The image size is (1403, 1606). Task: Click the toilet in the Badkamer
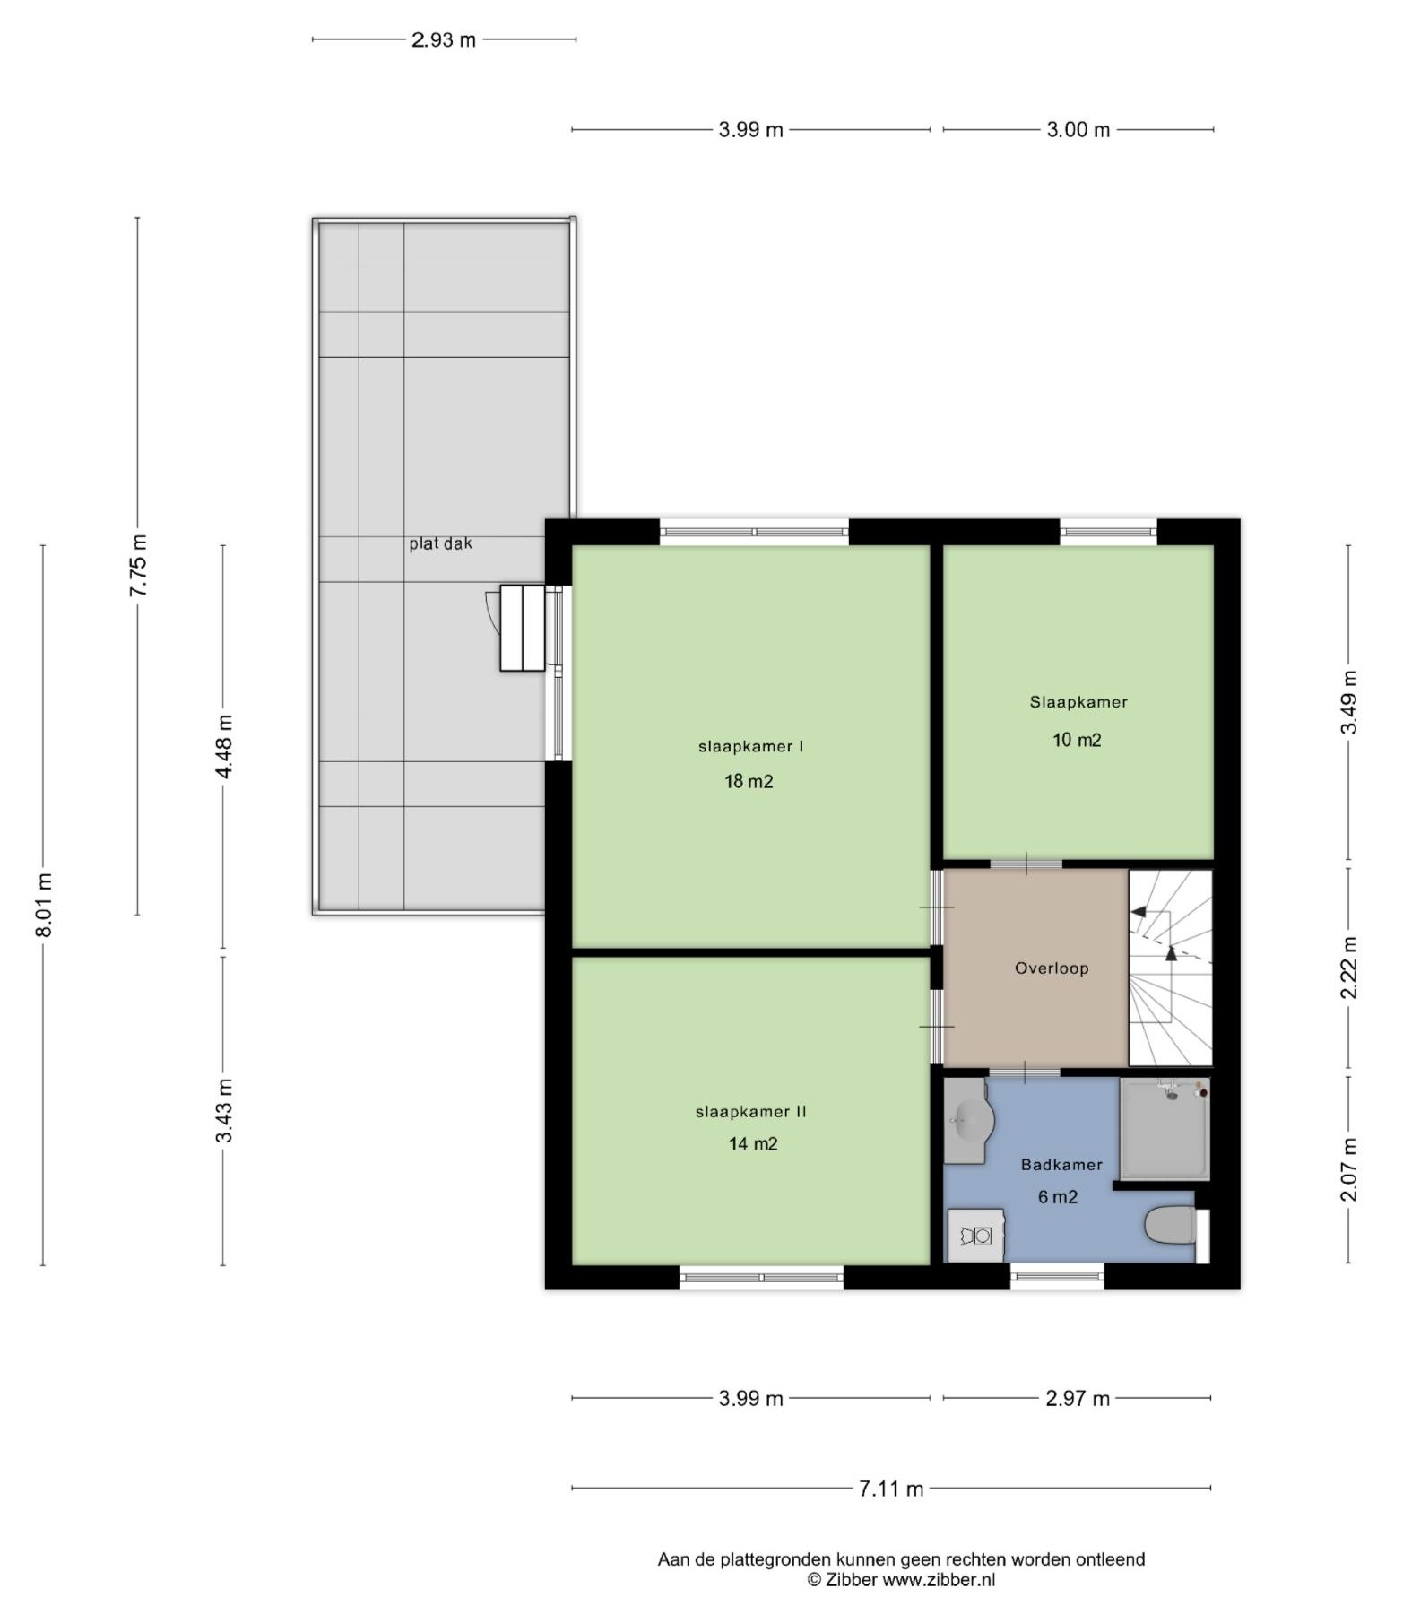[x=1172, y=1226]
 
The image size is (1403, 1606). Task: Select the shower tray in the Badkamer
[x=1165, y=1129]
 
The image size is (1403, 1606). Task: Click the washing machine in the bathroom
[x=975, y=1236]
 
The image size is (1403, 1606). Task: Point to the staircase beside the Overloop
[x=1170, y=968]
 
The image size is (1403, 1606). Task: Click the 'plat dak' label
[x=440, y=543]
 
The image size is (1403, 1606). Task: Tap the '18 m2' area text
[x=749, y=781]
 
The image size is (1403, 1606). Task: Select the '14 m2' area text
[x=753, y=1143]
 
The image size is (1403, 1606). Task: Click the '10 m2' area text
[x=1077, y=740]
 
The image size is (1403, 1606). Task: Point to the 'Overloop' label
[x=1052, y=968]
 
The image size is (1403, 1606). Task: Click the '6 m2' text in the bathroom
[x=1058, y=1197]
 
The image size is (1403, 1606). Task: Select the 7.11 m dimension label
[x=891, y=1489]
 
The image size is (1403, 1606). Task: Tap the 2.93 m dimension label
[x=444, y=39]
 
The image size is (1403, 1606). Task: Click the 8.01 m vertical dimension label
[x=43, y=905]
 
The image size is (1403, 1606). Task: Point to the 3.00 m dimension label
[x=1078, y=130]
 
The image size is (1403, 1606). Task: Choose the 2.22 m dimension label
[x=1349, y=968]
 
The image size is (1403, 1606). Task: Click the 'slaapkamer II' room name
[x=751, y=1112]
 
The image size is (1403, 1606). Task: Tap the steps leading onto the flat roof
[x=523, y=628]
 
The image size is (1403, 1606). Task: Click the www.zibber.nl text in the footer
[x=939, y=1580]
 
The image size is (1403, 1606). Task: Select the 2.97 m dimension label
[x=1078, y=1398]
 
